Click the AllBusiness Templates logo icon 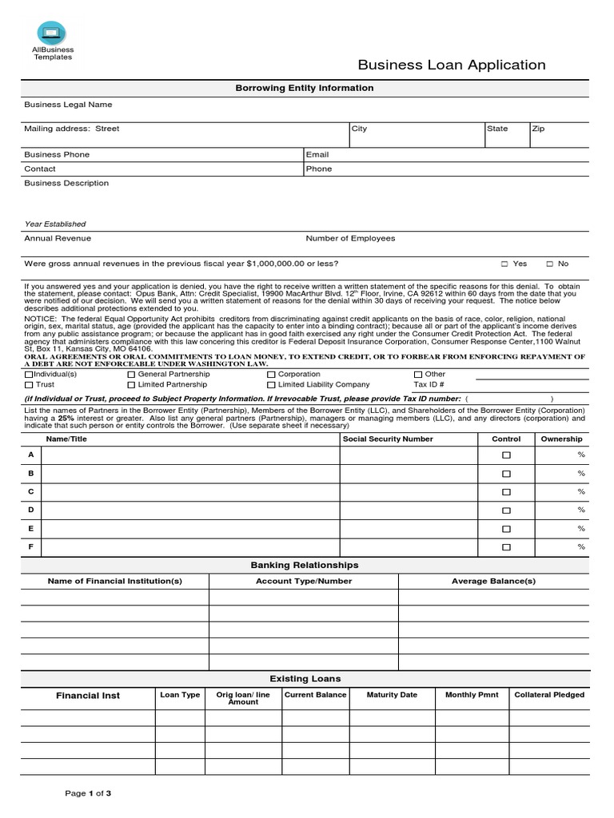point(52,33)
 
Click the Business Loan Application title point(451,66)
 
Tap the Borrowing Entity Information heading point(303,88)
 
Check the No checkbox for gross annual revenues point(549,264)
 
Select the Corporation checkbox point(271,374)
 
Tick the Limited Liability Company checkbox point(271,385)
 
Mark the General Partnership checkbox point(131,374)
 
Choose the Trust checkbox point(29,385)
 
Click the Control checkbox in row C point(505,492)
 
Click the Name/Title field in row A point(190,455)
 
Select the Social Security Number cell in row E point(409,528)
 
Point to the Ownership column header point(561,439)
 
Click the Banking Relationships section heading point(305,565)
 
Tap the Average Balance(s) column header point(493,581)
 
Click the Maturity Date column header point(392,695)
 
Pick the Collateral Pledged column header point(548,695)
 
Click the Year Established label point(55,224)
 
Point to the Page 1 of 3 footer point(88,793)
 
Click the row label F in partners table point(31,546)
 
